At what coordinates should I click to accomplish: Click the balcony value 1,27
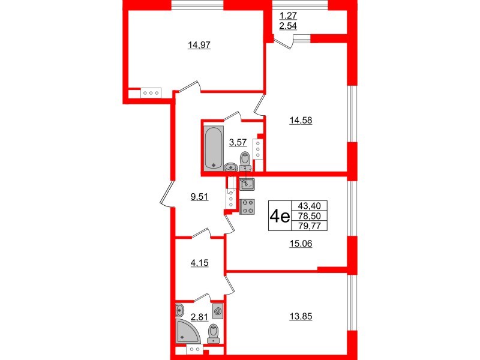289,16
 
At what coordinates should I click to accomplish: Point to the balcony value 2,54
289,27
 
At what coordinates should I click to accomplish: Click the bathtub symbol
212,147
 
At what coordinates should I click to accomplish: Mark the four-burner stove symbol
247,206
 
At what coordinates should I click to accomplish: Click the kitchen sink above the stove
247,184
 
